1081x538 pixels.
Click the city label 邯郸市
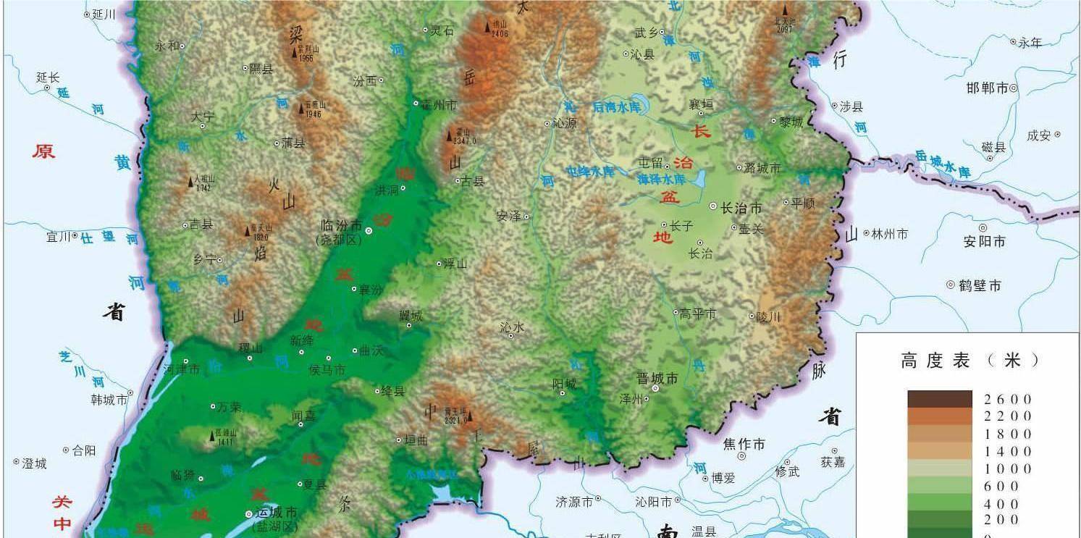click(987, 88)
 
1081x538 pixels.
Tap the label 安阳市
click(984, 241)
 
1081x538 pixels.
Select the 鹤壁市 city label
click(980, 286)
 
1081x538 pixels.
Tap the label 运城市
click(277, 513)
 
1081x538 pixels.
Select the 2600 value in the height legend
click(1007, 400)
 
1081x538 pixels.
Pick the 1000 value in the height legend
click(1007, 468)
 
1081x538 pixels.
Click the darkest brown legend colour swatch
click(940, 399)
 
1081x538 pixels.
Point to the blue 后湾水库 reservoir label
click(617, 106)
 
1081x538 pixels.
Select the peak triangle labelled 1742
click(191, 180)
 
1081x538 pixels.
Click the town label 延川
click(104, 14)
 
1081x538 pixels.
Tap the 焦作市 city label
click(744, 444)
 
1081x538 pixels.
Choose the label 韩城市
click(109, 400)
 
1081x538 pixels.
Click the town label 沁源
click(564, 124)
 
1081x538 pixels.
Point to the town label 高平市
click(697, 314)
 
